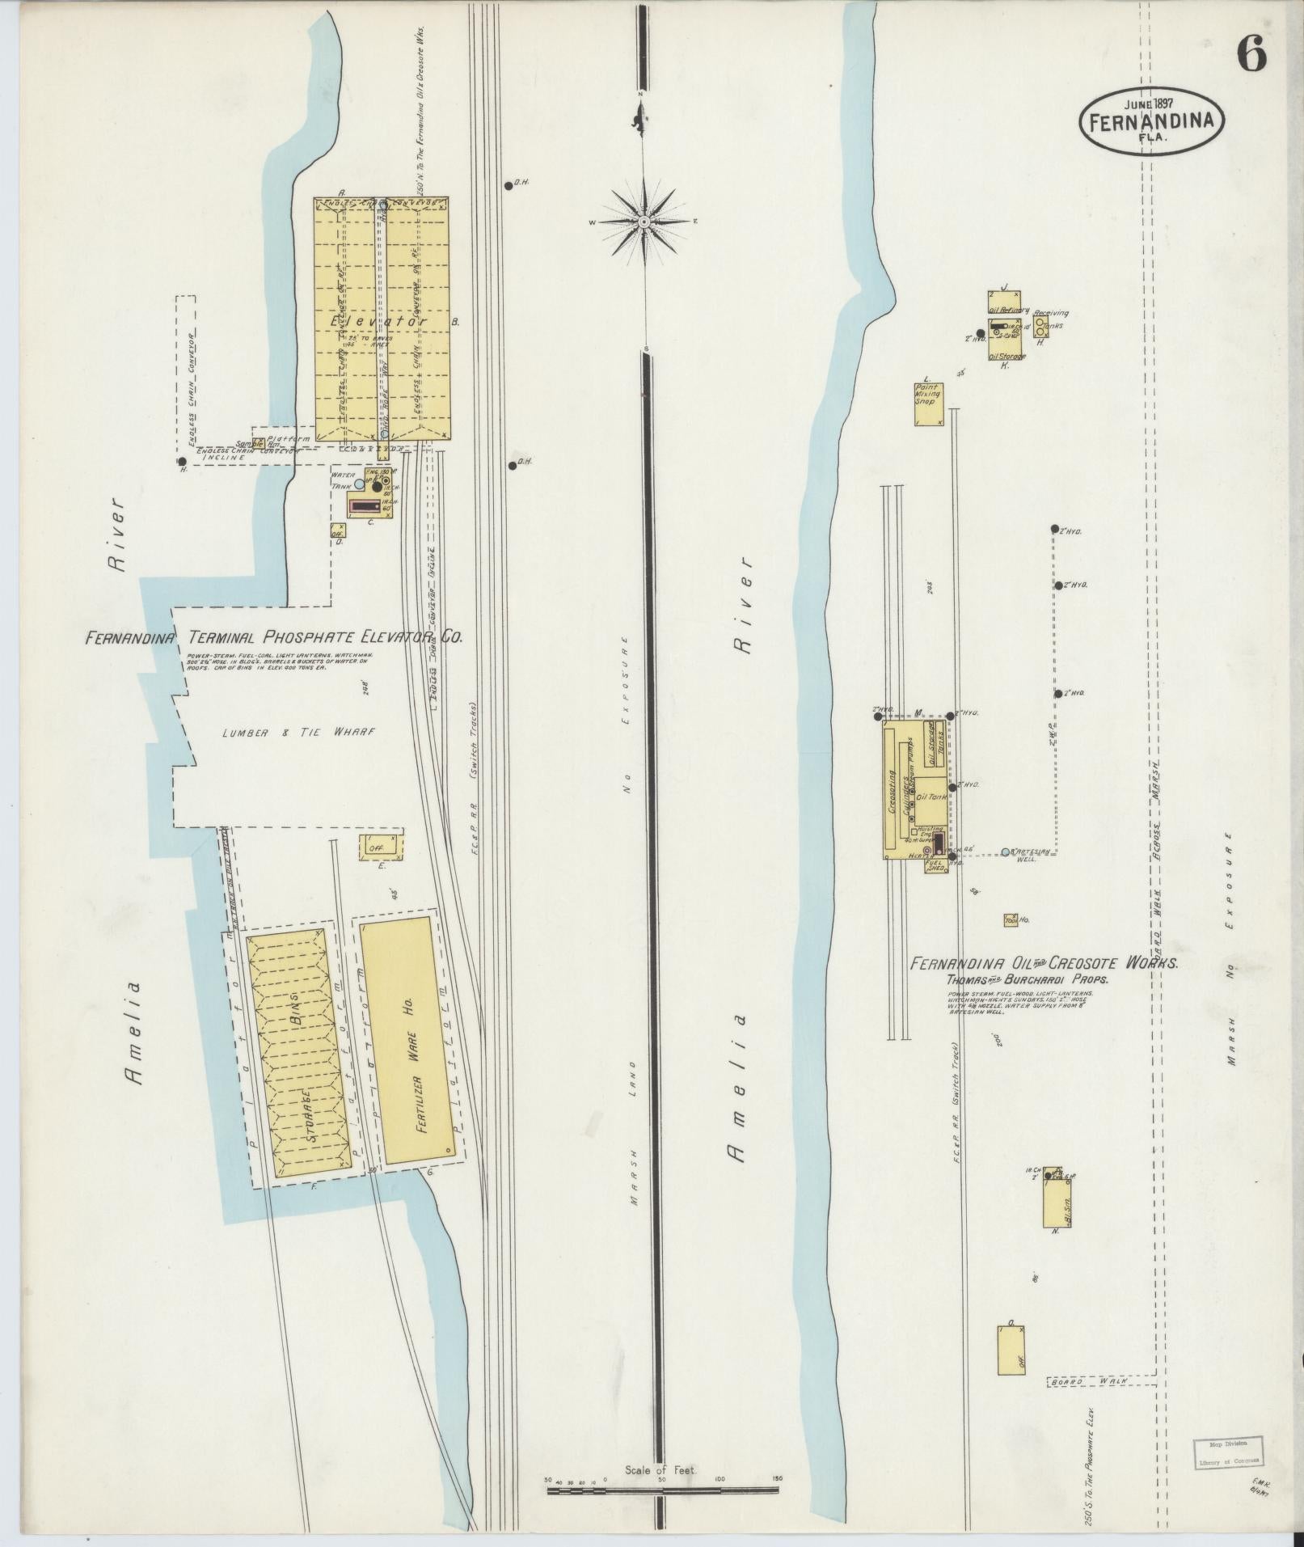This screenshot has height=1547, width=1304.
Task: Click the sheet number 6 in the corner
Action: (x=1250, y=56)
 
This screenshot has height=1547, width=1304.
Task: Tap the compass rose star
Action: (x=644, y=221)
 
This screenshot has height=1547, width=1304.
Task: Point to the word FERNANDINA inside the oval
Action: (x=1152, y=122)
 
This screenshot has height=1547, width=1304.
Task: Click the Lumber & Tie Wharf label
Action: (x=299, y=732)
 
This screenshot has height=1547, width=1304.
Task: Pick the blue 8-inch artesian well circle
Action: (x=1005, y=852)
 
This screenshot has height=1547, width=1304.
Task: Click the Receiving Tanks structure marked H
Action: (x=1040, y=327)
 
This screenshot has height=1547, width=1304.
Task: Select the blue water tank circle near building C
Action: (x=359, y=484)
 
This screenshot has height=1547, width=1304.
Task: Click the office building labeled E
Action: (x=378, y=847)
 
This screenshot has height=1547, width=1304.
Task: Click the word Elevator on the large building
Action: (x=378, y=321)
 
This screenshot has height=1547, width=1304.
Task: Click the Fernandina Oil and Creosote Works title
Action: (x=1044, y=964)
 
